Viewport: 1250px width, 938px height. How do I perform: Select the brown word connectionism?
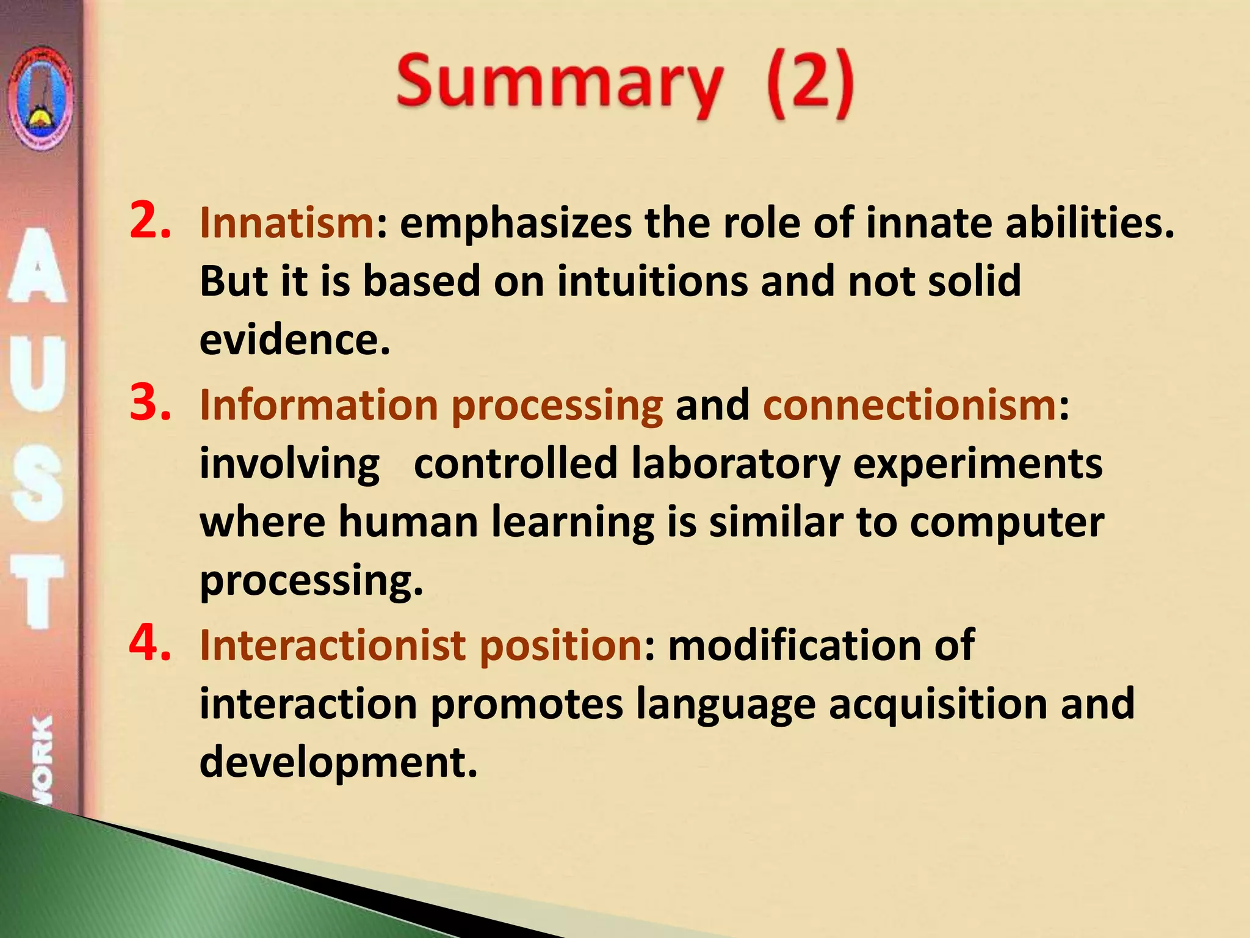[909, 405]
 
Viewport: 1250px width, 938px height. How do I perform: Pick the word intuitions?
[652, 281]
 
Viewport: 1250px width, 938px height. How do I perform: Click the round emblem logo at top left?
[40, 98]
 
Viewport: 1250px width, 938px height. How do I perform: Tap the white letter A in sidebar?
[38, 266]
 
